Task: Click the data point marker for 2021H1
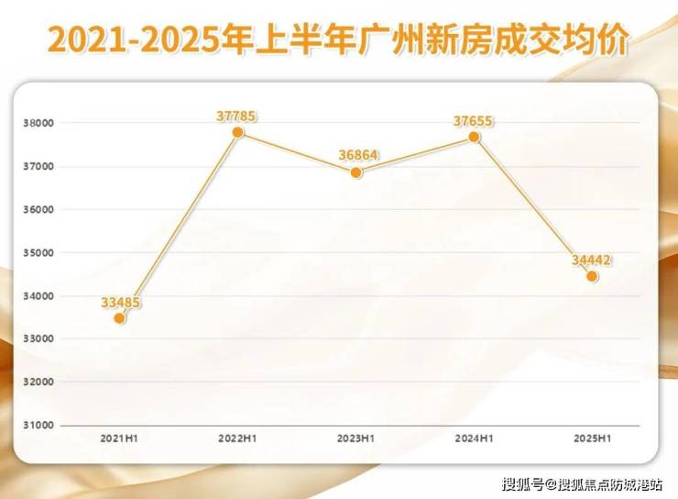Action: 119,318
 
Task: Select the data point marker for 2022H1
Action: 238,132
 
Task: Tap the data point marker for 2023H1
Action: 356,172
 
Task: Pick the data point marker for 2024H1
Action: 474,137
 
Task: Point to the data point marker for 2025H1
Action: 592,276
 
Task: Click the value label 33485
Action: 120,302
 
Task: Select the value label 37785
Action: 236,116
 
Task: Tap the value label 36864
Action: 358,155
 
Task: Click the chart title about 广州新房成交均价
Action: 338,39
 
